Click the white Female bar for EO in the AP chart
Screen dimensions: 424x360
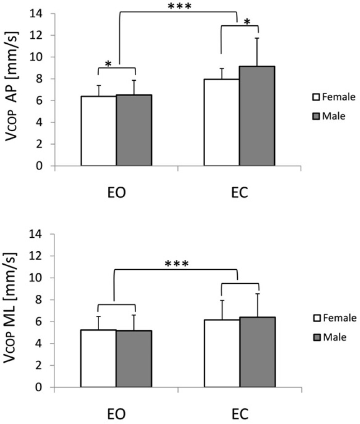pyautogui.click(x=99, y=131)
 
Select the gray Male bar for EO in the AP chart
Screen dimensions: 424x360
pyautogui.click(x=134, y=130)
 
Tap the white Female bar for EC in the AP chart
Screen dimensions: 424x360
pyautogui.click(x=222, y=122)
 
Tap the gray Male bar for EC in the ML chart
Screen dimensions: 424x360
pyautogui.click(x=257, y=352)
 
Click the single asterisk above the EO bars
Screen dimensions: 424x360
pyautogui.click(x=108, y=64)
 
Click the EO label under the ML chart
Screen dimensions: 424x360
pyautogui.click(x=116, y=414)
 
